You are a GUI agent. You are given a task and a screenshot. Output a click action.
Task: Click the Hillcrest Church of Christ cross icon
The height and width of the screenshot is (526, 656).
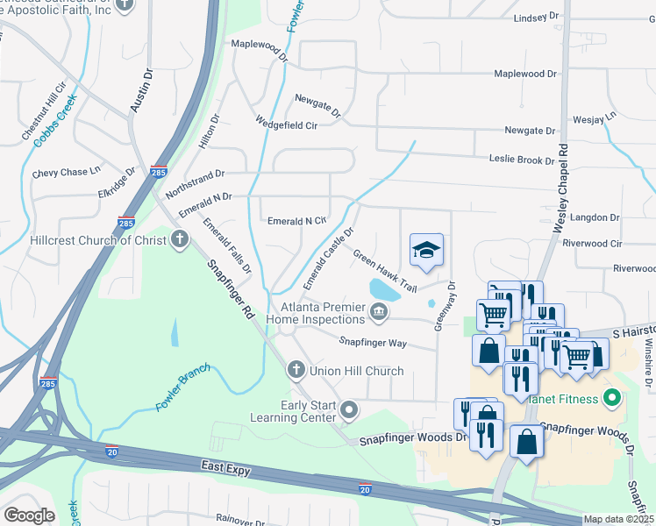point(180,239)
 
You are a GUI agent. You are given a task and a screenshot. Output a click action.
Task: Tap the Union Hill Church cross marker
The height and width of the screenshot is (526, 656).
point(296,371)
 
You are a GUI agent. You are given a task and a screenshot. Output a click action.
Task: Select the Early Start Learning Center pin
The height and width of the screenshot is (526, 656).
point(350,409)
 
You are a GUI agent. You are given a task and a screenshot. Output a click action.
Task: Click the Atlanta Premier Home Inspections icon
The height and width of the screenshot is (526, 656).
point(378,311)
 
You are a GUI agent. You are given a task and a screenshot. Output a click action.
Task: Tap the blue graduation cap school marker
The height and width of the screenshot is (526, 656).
point(426,251)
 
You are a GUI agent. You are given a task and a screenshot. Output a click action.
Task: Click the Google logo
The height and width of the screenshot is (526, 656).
point(29,515)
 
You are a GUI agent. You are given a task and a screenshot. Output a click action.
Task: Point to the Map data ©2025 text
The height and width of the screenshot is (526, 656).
point(618,519)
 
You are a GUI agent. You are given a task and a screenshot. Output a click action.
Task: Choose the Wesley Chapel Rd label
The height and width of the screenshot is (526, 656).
point(562,188)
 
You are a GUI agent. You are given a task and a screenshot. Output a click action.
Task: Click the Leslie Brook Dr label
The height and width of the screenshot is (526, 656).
point(522,160)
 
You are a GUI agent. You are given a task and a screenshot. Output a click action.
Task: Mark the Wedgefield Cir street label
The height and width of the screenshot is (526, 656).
point(286,124)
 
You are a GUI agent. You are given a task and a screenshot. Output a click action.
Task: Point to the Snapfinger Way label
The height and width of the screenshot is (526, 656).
point(374,343)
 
